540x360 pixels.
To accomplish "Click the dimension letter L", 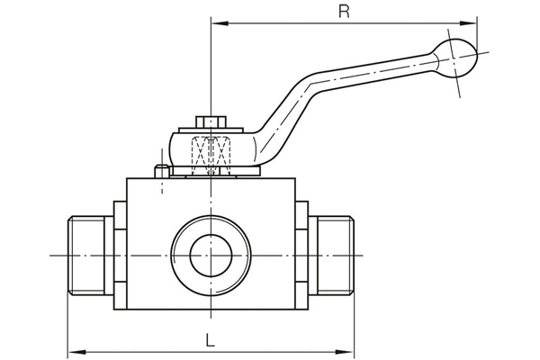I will [209, 340].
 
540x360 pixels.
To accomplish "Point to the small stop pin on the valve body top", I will [160, 170].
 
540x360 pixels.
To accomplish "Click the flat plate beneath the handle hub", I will [211, 174].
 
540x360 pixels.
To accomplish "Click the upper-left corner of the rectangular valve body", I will [127, 179].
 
